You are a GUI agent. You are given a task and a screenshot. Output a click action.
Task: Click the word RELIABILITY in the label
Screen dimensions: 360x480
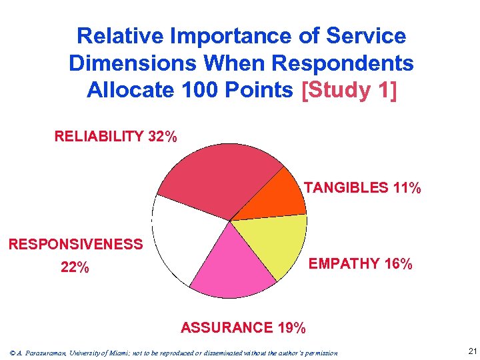(x=99, y=137)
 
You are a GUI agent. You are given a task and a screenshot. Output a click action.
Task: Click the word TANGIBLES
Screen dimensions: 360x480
(x=346, y=188)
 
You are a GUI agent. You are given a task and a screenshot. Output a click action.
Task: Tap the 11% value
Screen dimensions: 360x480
(x=407, y=188)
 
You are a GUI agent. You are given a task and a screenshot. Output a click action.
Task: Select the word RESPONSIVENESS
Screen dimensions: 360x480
(x=75, y=244)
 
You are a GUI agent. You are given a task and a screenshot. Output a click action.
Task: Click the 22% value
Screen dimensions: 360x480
(x=75, y=268)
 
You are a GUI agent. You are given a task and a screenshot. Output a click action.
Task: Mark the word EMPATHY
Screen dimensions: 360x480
(x=343, y=264)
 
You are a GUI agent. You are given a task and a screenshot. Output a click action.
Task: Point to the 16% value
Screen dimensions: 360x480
(x=398, y=264)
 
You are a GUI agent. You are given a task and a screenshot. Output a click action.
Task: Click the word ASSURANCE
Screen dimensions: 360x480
(x=227, y=327)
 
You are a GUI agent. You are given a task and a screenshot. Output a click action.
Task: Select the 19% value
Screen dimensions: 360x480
(x=291, y=327)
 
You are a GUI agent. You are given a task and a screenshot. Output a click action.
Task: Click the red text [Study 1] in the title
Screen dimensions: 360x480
(x=349, y=89)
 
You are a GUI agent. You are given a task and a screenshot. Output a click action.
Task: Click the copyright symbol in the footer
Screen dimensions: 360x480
(x=7, y=353)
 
